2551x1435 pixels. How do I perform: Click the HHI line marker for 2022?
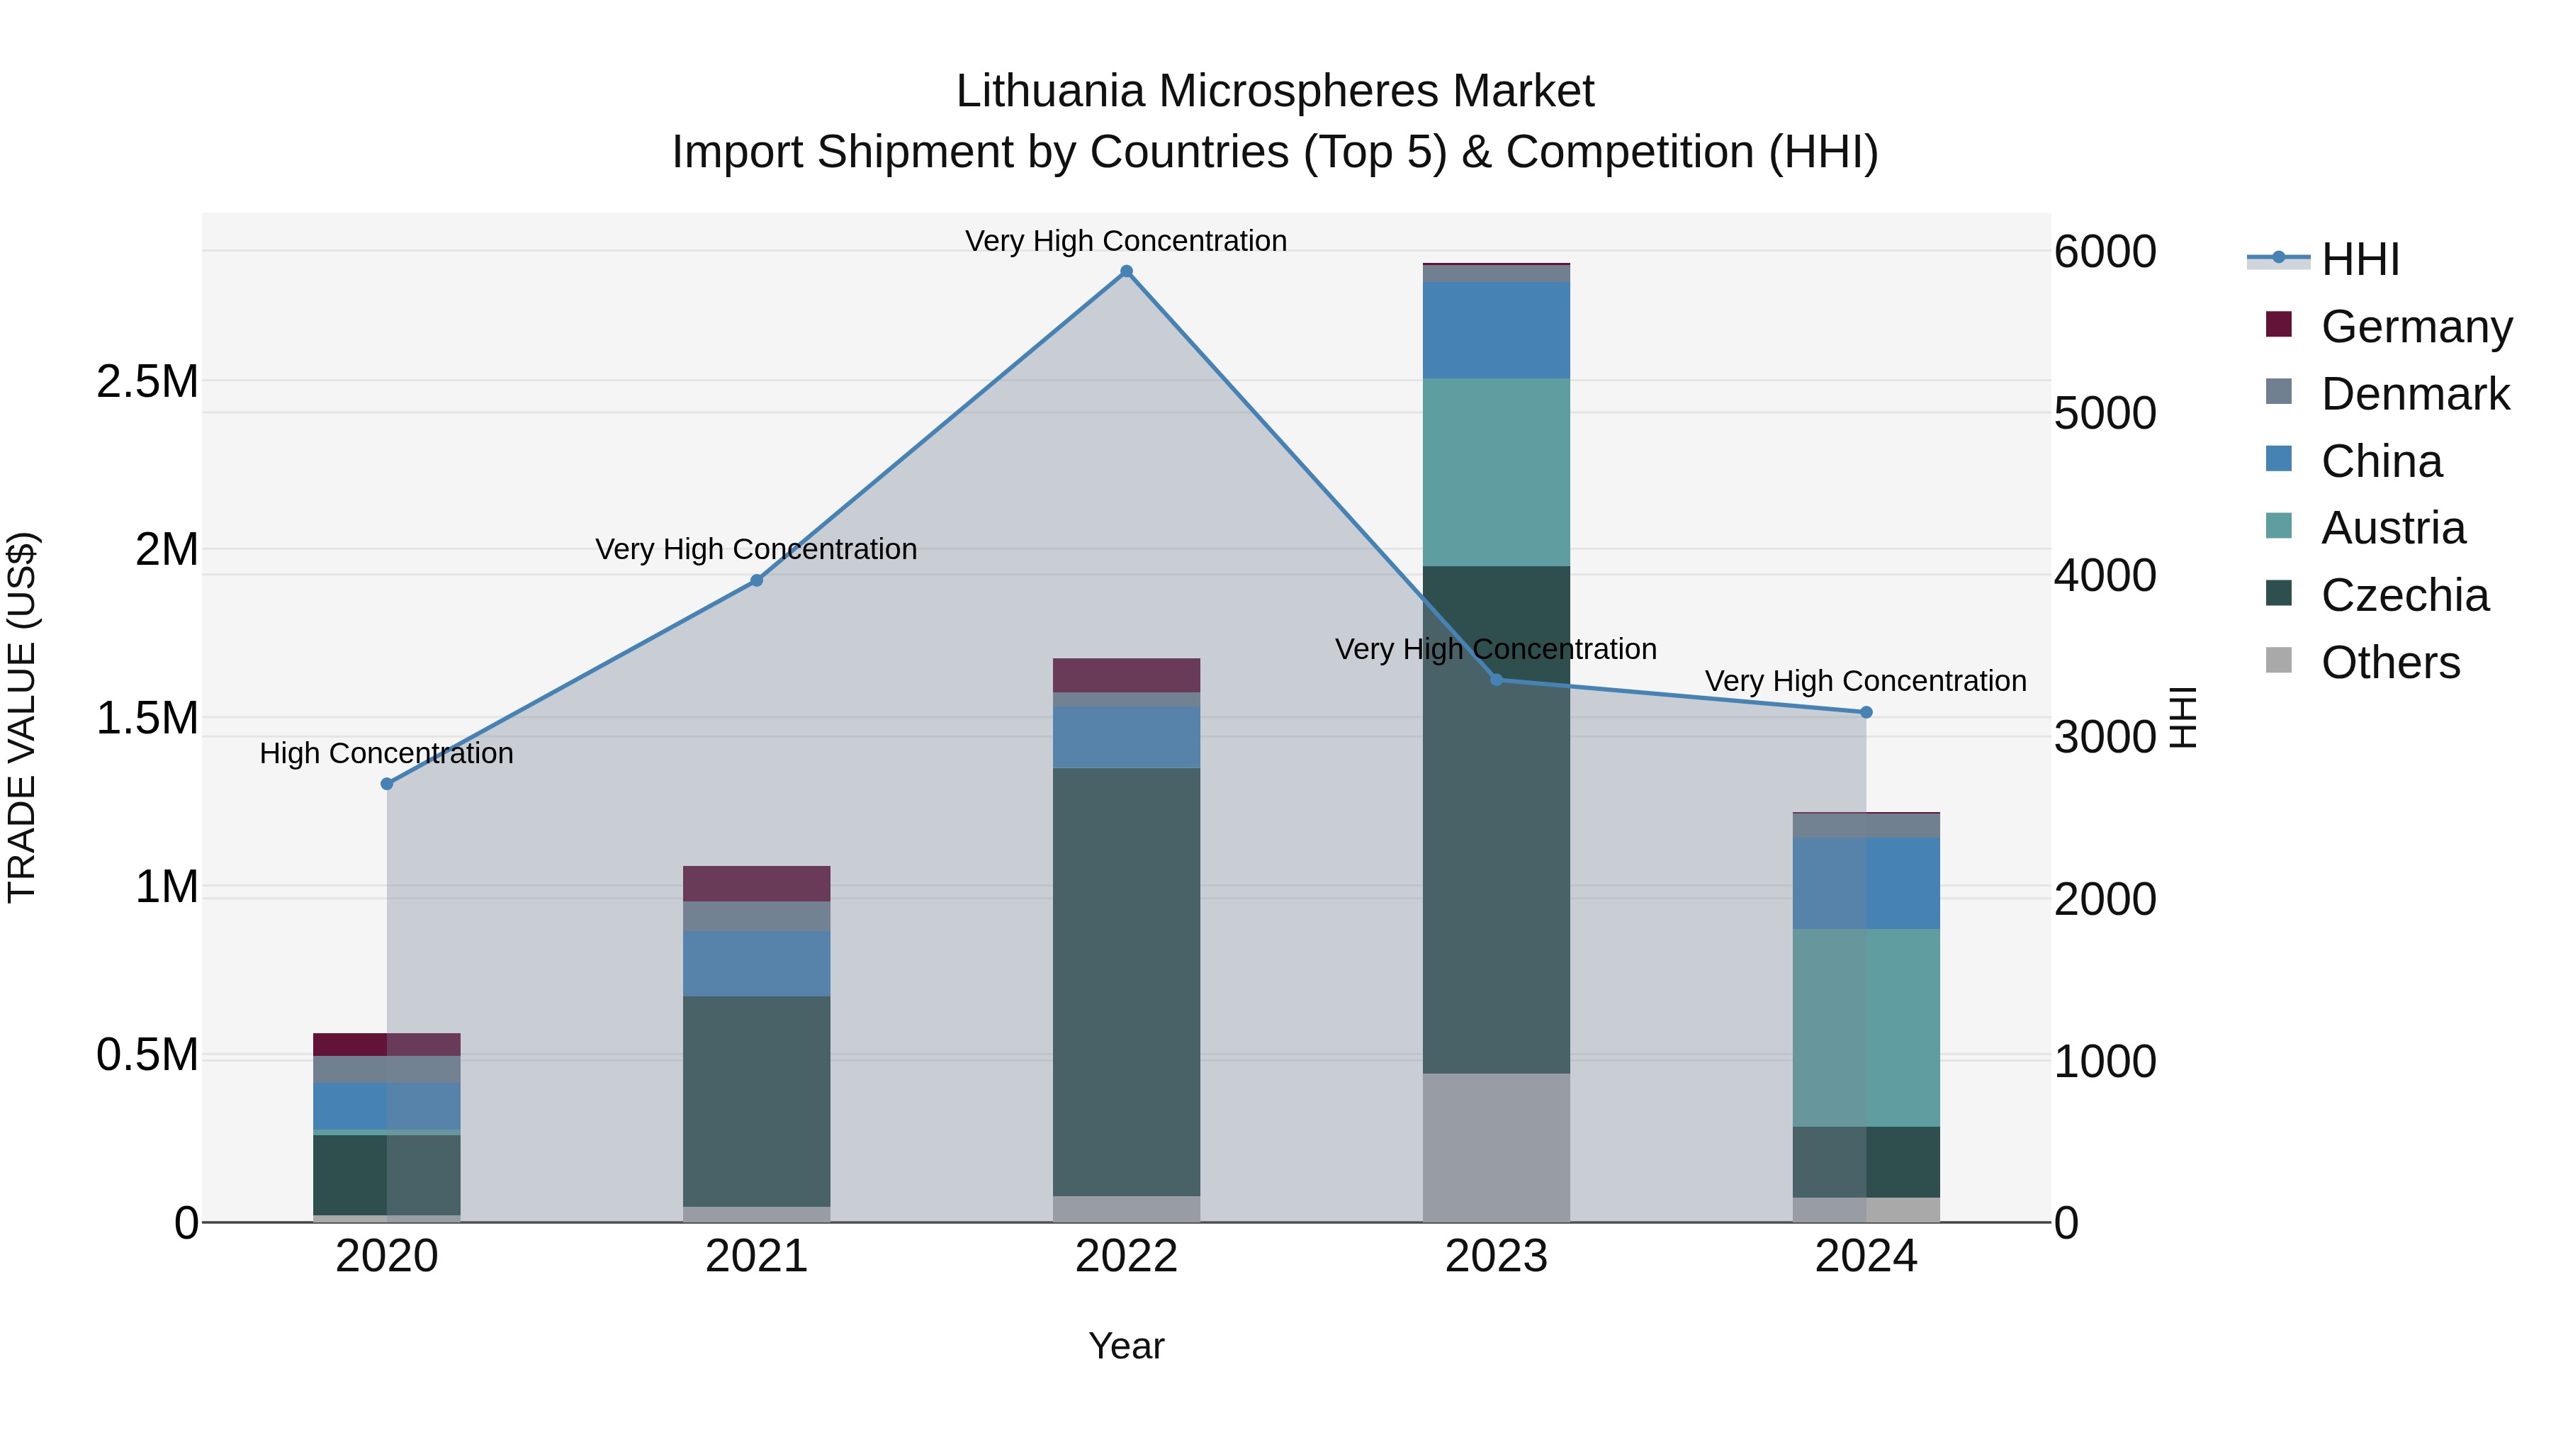tap(1126, 271)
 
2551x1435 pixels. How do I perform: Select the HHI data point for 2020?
tap(387, 783)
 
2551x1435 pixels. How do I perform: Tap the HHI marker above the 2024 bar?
tap(1866, 712)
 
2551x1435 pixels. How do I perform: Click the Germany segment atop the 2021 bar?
tap(757, 884)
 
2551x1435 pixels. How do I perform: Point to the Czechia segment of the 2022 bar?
tap(1126, 981)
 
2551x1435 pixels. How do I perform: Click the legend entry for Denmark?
tap(2414, 394)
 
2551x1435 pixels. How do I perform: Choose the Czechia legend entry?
tap(2404, 596)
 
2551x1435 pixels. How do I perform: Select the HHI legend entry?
tap(2359, 259)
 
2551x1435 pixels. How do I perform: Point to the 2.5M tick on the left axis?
tap(147, 381)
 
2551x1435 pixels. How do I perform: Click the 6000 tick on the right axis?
tap(2105, 252)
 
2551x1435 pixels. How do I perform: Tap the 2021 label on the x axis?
tap(757, 1256)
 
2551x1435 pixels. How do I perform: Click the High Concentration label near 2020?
tap(386, 754)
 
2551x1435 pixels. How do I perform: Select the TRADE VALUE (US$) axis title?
tap(22, 717)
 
